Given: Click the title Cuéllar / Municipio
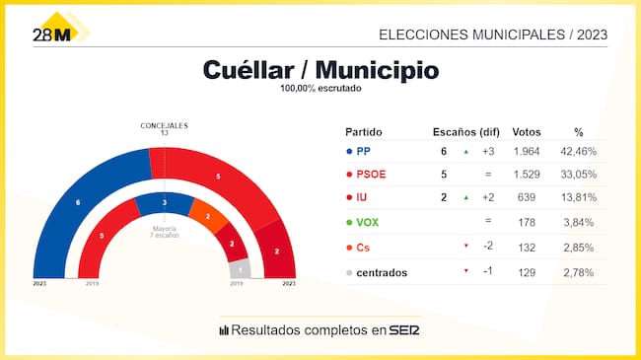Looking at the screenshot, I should pyautogui.click(x=320, y=70).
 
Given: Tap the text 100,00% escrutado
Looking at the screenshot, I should pyautogui.click(x=320, y=89).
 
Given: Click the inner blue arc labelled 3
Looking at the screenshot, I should pyautogui.click(x=164, y=202).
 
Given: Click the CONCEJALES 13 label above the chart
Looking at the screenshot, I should pyautogui.click(x=164, y=128).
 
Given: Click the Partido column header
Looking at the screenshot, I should pyautogui.click(x=363, y=132).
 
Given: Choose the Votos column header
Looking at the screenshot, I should pyautogui.click(x=529, y=132).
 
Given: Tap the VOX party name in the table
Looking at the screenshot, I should pyautogui.click(x=369, y=222).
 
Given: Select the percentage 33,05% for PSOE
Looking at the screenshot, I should pyautogui.click(x=579, y=175).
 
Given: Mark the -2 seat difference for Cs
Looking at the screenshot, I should pyautogui.click(x=487, y=246).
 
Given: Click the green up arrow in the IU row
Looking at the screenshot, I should pyautogui.click(x=465, y=198).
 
